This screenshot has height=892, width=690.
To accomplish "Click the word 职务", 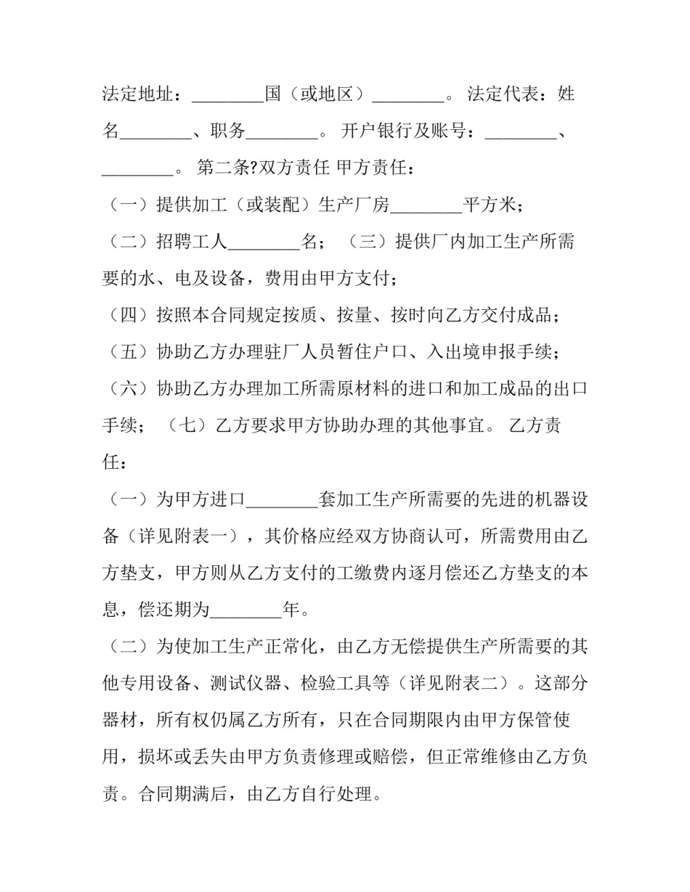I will pos(228,131).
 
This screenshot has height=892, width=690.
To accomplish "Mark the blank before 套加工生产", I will pos(282,500).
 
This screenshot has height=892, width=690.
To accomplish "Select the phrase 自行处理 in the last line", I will pos(345,794).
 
